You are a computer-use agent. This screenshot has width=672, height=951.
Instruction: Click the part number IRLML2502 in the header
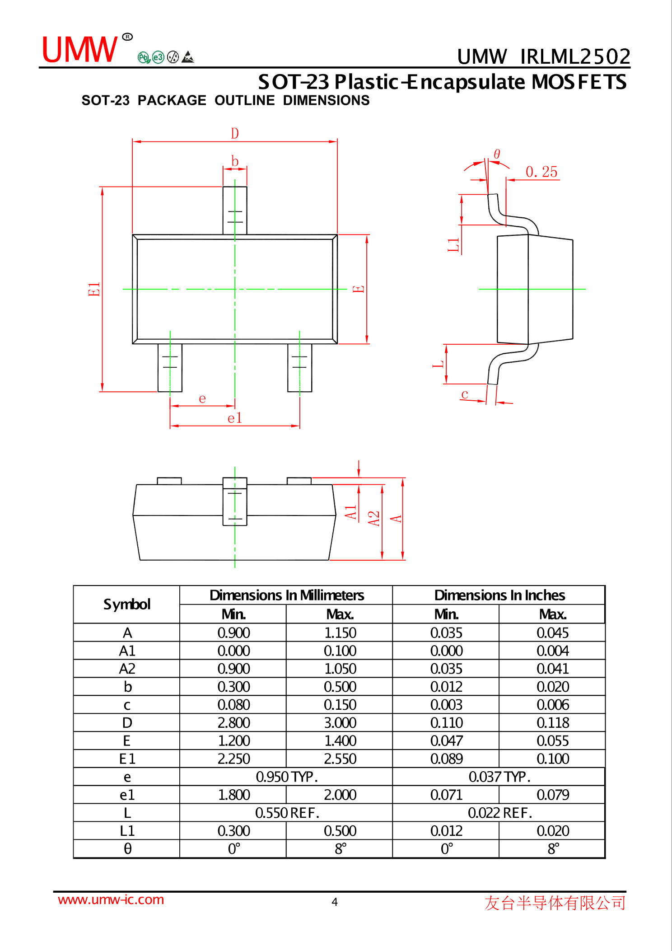point(574,57)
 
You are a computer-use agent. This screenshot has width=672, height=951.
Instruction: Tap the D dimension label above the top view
point(234,133)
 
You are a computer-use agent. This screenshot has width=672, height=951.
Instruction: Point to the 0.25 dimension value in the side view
point(541,172)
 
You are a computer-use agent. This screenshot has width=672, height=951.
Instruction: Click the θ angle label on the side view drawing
point(497,154)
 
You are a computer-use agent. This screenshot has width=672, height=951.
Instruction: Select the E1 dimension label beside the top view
point(94,289)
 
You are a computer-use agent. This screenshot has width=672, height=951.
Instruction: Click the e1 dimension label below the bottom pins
point(234,418)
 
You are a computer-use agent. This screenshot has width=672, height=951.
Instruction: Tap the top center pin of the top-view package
point(234,210)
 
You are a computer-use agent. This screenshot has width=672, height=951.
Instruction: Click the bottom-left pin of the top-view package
point(170,367)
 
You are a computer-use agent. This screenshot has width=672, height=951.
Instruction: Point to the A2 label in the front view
point(374,518)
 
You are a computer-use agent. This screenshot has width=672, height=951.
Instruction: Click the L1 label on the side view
point(453,244)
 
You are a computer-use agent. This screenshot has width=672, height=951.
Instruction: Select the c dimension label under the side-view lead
point(465,394)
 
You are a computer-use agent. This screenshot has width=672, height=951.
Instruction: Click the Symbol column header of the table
point(126,604)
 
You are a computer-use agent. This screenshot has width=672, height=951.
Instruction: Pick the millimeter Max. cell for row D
point(340,722)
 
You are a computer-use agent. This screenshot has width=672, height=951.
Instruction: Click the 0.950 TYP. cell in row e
point(286,777)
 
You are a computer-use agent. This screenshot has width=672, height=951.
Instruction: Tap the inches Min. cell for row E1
point(446,759)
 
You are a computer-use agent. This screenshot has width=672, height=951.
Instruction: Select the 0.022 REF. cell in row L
point(499,813)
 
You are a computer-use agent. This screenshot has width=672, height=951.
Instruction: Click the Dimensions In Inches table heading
point(499,595)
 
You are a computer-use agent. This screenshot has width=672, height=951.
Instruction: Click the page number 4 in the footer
point(335,902)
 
